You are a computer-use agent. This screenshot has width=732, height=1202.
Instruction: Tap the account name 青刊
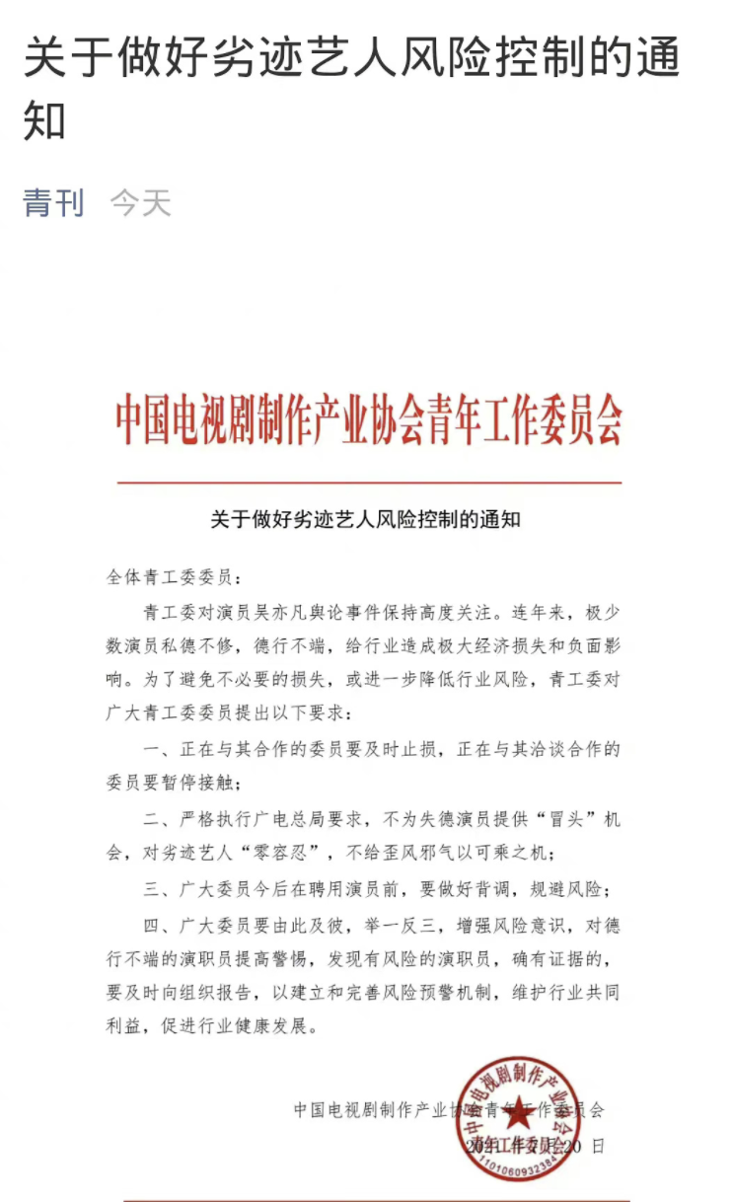53,203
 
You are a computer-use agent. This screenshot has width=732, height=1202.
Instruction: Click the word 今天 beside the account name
140,203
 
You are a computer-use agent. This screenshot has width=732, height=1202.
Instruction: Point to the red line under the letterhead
369,483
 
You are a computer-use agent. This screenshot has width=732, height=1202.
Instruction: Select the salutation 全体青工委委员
169,576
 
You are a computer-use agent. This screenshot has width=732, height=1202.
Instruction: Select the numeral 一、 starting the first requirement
156,750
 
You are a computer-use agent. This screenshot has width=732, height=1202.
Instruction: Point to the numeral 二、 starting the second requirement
156,819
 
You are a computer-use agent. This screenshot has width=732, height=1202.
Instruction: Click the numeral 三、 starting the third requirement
156,888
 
